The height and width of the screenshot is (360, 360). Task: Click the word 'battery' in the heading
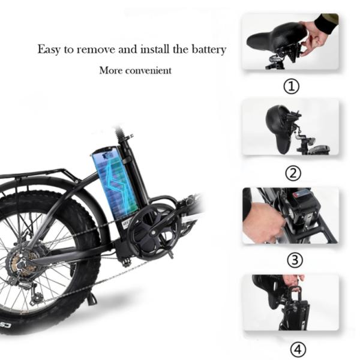[209, 50]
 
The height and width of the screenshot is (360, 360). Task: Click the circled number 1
[292, 86]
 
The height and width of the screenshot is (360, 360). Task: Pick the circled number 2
[293, 173]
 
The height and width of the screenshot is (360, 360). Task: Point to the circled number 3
[295, 260]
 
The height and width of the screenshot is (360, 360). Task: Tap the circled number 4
[298, 349]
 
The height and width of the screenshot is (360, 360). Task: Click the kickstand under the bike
[91, 298]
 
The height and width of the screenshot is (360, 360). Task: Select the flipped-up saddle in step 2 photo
[279, 128]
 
